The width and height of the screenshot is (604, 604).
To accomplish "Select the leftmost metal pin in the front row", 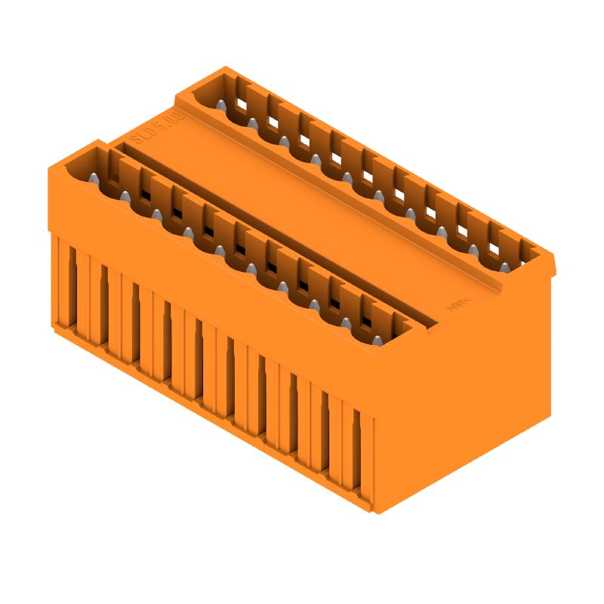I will point(92,178).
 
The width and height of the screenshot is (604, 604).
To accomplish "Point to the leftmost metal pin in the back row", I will point(221,106).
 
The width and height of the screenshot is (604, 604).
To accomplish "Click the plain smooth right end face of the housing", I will point(468,400).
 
